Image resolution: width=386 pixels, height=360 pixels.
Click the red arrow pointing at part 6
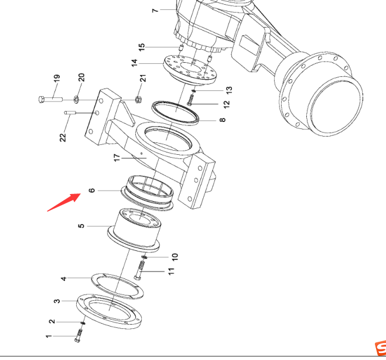[x=64, y=202]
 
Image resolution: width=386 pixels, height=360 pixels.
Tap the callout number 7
[x=155, y=11]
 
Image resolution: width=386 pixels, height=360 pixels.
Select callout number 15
[x=142, y=47]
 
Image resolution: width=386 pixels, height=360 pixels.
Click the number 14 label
[x=134, y=63]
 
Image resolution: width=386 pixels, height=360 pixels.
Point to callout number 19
[x=57, y=79]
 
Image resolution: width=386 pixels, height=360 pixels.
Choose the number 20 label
[x=81, y=77]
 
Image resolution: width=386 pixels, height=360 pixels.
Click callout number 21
[x=143, y=78]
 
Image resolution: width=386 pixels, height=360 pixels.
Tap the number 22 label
[x=63, y=137]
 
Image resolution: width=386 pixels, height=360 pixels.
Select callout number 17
[x=117, y=158]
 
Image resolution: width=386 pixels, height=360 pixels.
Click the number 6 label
[x=91, y=191]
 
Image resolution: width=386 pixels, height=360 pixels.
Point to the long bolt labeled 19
[x=50, y=100]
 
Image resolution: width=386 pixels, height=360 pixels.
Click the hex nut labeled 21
[x=138, y=99]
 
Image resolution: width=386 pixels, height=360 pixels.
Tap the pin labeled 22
[x=70, y=113]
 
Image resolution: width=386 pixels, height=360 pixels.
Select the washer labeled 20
[x=76, y=100]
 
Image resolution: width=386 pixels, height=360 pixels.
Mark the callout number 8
[x=223, y=120]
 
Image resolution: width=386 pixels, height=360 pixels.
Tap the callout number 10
[x=175, y=257]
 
